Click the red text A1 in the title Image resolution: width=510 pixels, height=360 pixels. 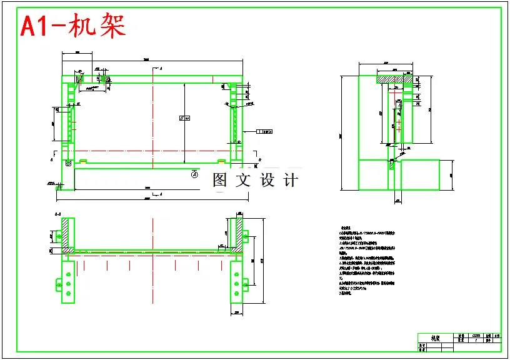[36, 26]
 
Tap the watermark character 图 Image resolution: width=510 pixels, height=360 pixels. [220, 181]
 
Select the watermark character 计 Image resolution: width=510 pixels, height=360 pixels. [291, 181]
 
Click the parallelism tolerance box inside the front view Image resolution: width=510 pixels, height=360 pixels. [184, 117]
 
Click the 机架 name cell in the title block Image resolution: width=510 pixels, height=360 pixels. [436, 338]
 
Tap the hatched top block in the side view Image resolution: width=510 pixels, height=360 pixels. [394, 79]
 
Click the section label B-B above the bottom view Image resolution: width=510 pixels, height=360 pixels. [57, 214]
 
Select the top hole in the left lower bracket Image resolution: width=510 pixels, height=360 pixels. [67, 273]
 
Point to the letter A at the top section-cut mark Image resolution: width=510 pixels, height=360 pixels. [161, 67]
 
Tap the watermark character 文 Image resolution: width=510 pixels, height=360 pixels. [244, 181]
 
